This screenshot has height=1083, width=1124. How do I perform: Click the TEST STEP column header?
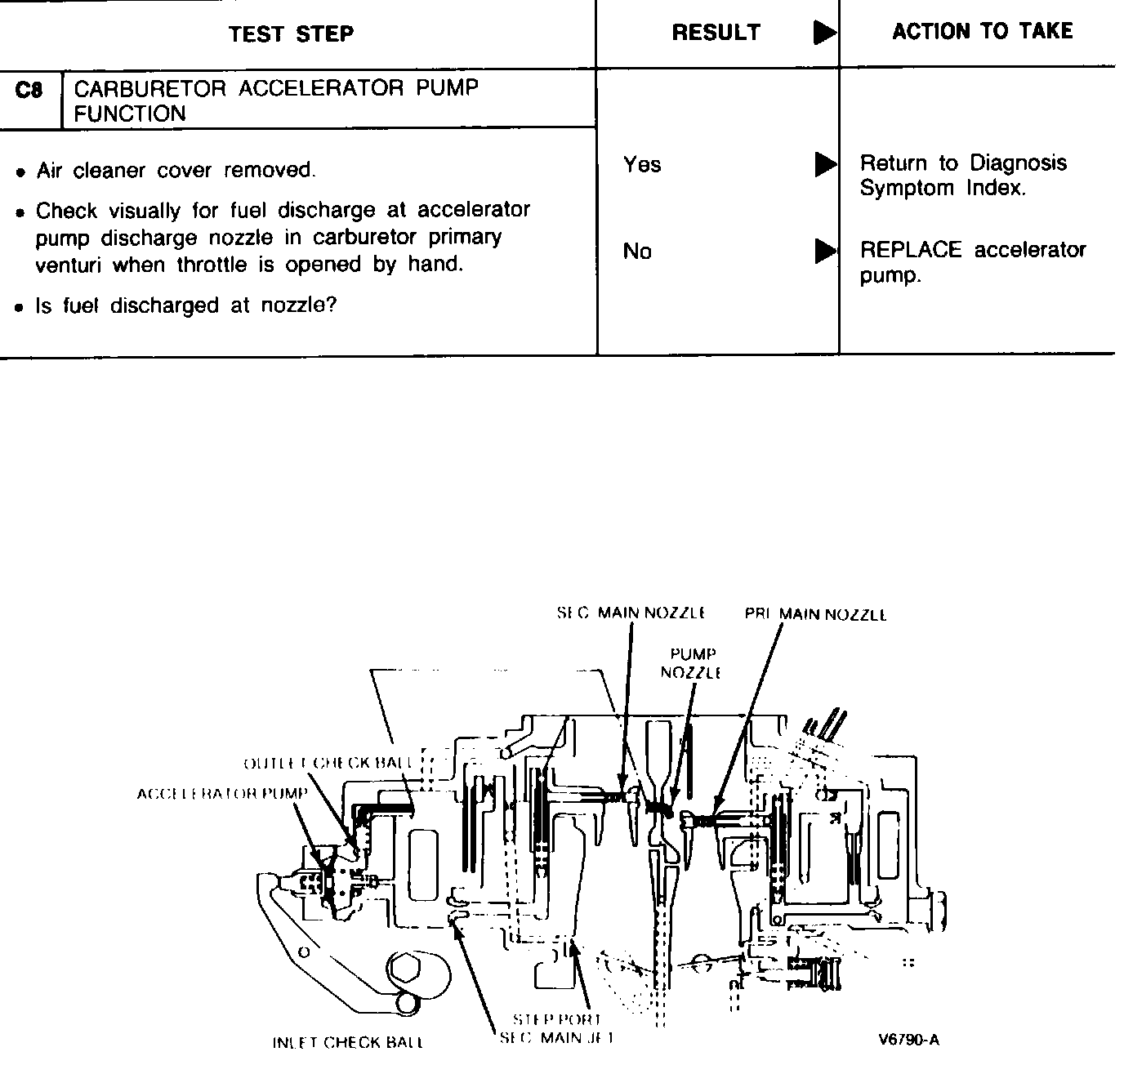(x=291, y=34)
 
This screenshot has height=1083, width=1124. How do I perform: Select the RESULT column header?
(x=716, y=33)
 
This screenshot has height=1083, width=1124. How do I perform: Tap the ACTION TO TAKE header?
(x=982, y=32)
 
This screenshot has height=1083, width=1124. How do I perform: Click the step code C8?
(x=29, y=91)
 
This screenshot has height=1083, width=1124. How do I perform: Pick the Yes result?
(x=642, y=165)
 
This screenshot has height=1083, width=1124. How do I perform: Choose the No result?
(x=637, y=252)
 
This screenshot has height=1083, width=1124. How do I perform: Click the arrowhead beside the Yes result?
(x=826, y=165)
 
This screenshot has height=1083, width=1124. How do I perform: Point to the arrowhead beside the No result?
(x=826, y=252)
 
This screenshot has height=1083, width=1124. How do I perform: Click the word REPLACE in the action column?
(x=911, y=250)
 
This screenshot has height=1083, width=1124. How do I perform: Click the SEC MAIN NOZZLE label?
(x=631, y=613)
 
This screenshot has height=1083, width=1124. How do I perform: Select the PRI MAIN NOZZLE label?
(x=815, y=614)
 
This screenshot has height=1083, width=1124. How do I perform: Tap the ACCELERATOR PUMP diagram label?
(x=222, y=794)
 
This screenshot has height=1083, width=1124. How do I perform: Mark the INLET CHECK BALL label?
(x=348, y=1043)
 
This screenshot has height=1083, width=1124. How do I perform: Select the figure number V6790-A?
(x=909, y=1040)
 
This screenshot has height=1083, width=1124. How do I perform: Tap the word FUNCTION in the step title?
(x=130, y=114)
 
